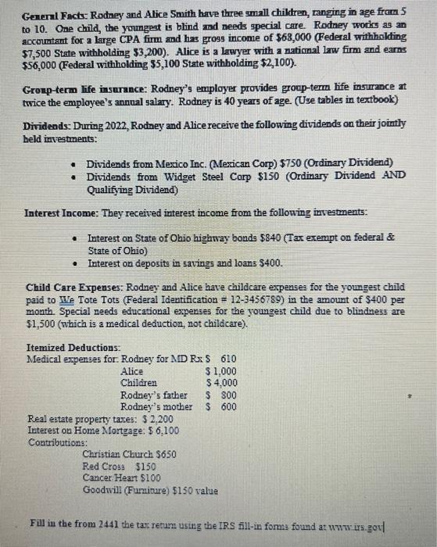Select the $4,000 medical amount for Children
(x=221, y=383)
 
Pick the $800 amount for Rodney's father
(x=224, y=395)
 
